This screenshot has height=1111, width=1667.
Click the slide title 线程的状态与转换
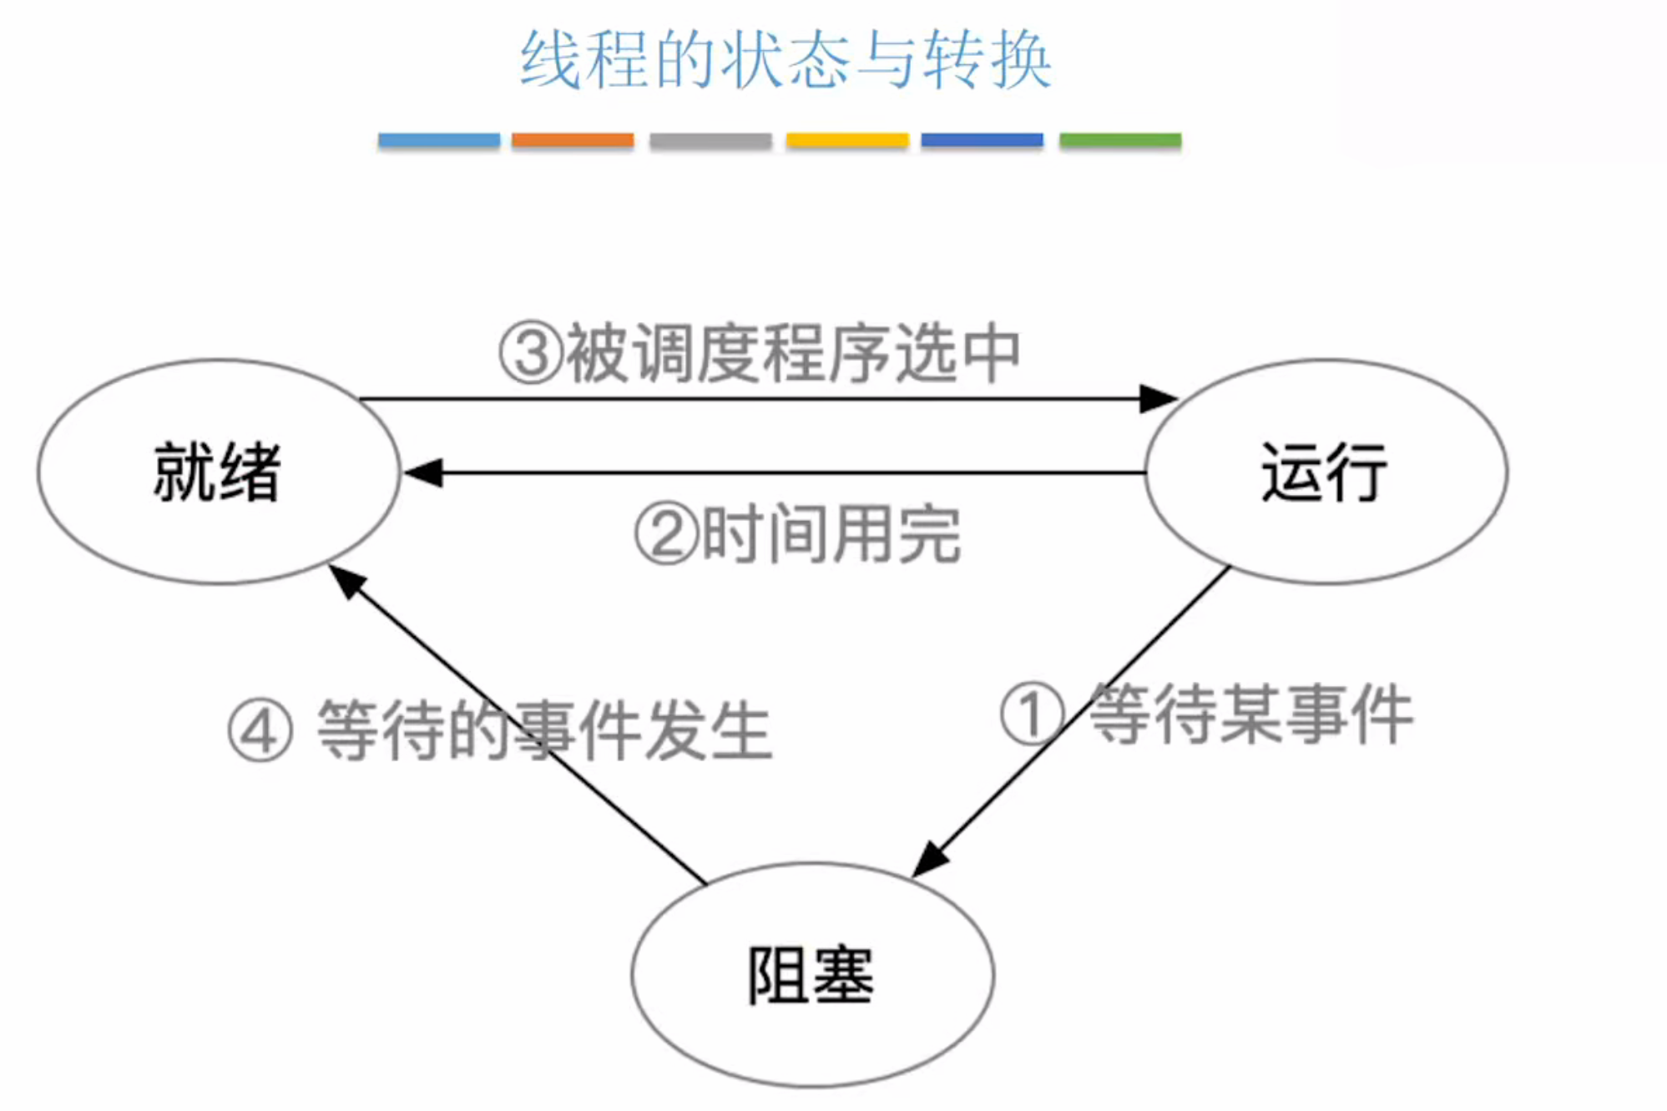(x=785, y=60)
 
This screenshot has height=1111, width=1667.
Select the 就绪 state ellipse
(x=218, y=472)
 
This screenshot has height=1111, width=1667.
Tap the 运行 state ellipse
(x=1326, y=472)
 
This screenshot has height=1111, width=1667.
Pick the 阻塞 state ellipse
(x=811, y=975)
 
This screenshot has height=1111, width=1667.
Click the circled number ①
(x=1033, y=714)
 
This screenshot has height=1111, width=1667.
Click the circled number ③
(x=531, y=354)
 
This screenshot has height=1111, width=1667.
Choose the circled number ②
(x=666, y=535)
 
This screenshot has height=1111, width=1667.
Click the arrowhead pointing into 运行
(x=1159, y=399)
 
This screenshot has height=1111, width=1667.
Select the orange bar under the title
(x=573, y=140)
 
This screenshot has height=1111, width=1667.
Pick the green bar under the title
(x=1120, y=140)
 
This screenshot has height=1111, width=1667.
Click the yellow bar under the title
(x=846, y=140)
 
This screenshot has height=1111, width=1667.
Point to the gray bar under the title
(x=710, y=140)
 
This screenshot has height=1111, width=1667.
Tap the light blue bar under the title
(x=439, y=140)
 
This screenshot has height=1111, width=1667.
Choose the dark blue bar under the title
(x=982, y=140)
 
